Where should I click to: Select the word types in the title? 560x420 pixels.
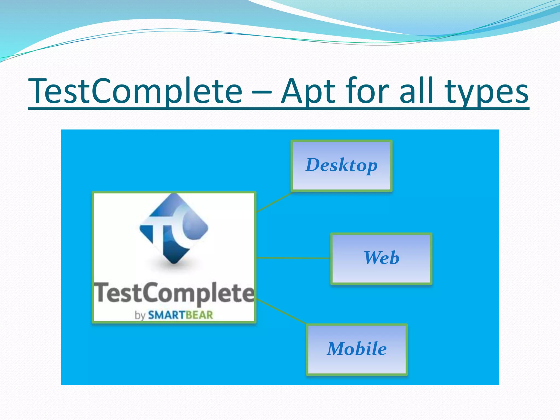[x=486, y=93]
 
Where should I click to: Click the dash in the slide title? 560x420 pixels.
[x=261, y=93]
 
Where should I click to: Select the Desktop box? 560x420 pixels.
[x=342, y=165]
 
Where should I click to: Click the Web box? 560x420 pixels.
[x=381, y=258]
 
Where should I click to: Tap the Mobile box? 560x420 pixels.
[x=357, y=349]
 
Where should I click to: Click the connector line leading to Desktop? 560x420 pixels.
[x=274, y=202]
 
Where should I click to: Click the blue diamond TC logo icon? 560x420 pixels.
[x=174, y=228]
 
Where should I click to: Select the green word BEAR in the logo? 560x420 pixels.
[x=199, y=315]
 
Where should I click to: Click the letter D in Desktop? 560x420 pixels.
[x=313, y=165]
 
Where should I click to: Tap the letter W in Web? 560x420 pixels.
[x=372, y=258]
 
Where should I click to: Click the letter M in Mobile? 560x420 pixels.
[x=337, y=349]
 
